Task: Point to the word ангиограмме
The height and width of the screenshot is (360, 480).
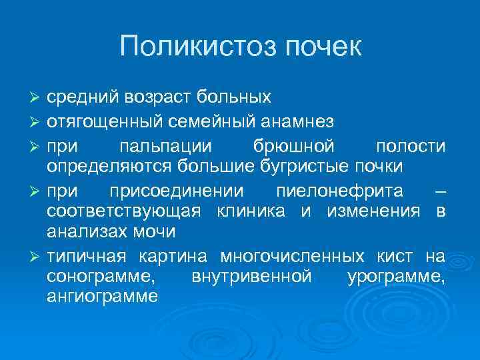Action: click(102, 297)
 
